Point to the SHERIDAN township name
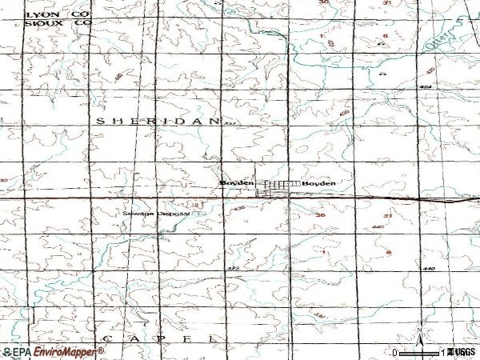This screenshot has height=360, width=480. (x=157, y=120)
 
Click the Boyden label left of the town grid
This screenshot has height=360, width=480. (x=237, y=183)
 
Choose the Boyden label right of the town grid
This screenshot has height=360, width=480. (x=318, y=183)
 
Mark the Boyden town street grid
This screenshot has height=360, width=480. (x=277, y=186)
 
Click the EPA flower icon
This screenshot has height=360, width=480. (x=6, y=351)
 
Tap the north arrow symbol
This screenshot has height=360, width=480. (x=419, y=336)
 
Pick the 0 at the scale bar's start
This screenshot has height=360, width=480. (x=395, y=352)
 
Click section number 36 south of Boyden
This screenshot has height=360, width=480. (x=321, y=214)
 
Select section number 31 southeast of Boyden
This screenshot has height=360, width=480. (x=387, y=214)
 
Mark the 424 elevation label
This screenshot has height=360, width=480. (x=424, y=86)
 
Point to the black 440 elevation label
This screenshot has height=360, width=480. (x=428, y=269)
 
